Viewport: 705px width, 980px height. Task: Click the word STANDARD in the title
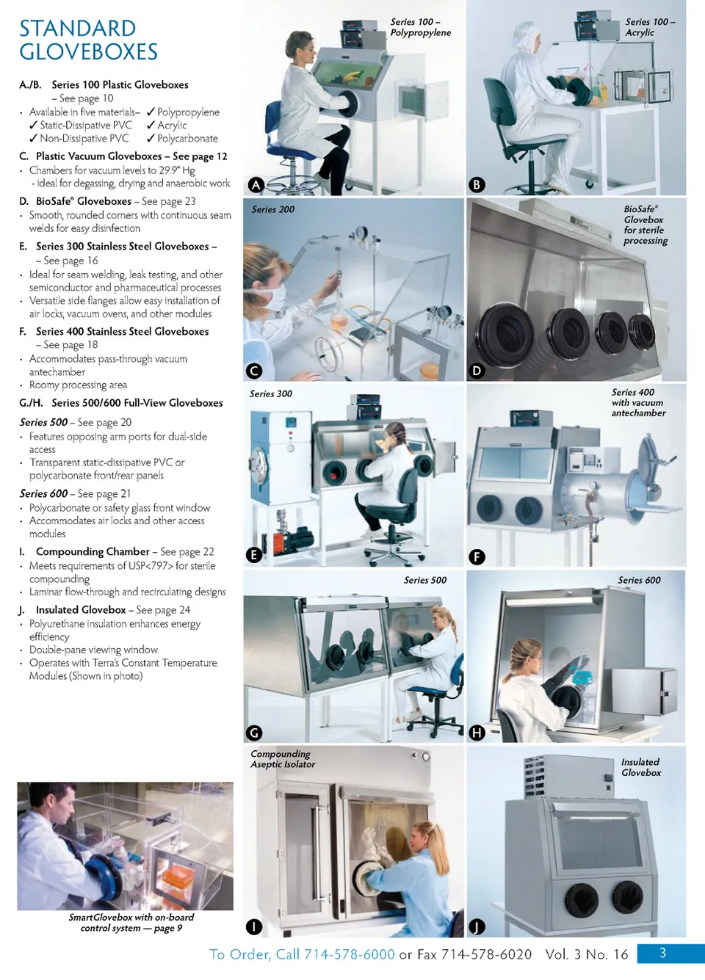tap(77, 29)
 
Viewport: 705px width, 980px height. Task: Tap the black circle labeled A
tap(256, 185)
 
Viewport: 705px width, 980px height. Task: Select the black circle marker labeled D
tap(477, 371)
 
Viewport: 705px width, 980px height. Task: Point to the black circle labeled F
tap(477, 557)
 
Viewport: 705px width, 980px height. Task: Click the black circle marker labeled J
tap(477, 926)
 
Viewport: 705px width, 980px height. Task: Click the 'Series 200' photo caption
tap(272, 209)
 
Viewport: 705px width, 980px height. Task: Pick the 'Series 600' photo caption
tap(639, 580)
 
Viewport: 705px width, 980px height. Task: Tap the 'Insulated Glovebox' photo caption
tap(640, 767)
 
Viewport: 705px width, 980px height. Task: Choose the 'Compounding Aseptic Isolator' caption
tap(283, 759)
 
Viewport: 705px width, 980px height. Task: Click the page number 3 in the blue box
tap(662, 953)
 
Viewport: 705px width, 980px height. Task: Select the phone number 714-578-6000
tap(350, 954)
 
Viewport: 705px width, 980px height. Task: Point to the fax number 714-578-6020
tap(486, 954)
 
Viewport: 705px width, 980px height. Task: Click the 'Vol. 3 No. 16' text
tap(587, 954)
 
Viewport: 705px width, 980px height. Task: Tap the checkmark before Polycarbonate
tap(151, 138)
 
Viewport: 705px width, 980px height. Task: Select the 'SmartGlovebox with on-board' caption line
tap(131, 918)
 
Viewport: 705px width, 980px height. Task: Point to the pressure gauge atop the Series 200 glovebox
tap(361, 231)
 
